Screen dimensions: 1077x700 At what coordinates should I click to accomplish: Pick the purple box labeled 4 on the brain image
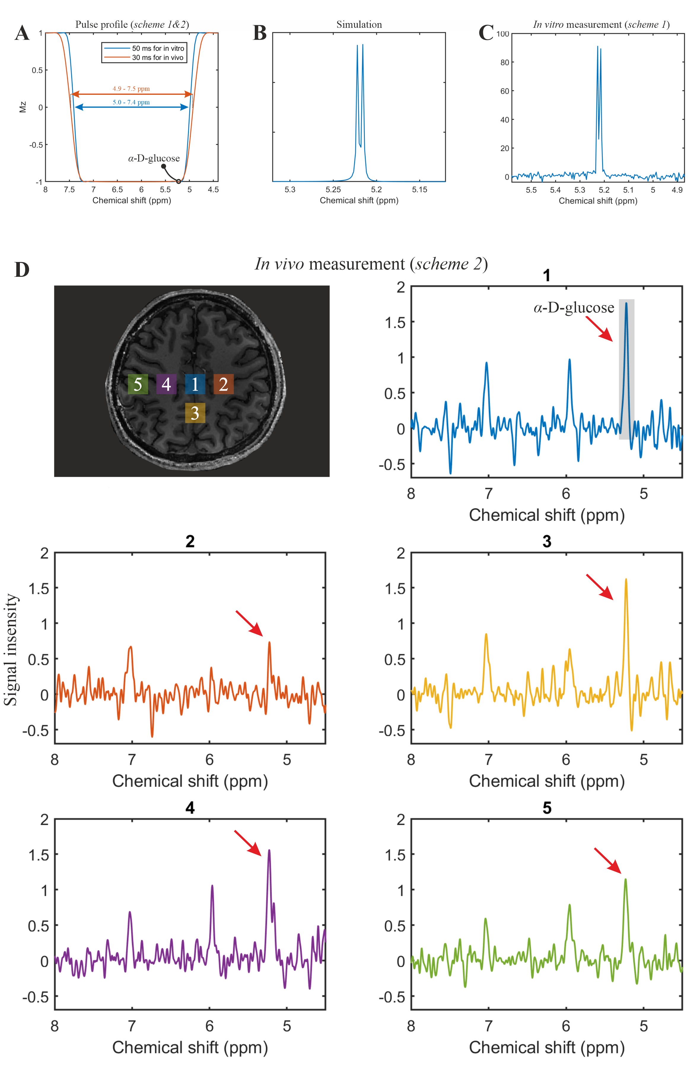[x=166, y=384]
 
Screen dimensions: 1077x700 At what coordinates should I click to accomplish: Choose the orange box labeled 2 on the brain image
[x=223, y=384]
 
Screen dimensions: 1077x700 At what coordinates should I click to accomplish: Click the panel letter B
[x=260, y=33]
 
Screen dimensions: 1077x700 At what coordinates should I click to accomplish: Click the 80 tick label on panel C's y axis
[x=505, y=63]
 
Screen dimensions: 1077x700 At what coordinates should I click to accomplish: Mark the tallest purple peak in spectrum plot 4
[x=269, y=851]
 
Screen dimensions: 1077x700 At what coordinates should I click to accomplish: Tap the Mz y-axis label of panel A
[x=23, y=107]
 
